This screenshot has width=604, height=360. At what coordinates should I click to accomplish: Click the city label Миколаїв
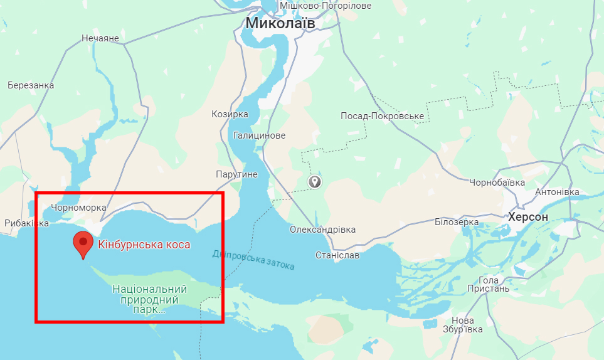(x=280, y=23)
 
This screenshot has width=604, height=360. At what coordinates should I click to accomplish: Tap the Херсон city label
(x=528, y=217)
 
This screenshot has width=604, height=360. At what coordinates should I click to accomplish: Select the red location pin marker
(x=83, y=243)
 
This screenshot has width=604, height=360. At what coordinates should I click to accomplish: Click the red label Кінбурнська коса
(x=144, y=245)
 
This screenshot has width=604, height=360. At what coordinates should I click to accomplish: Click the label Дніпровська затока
(x=253, y=260)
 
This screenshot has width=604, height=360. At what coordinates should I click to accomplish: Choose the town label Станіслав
(x=337, y=255)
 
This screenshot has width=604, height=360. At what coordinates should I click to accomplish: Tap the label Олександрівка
(x=322, y=230)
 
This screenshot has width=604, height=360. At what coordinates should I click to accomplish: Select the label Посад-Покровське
(x=382, y=117)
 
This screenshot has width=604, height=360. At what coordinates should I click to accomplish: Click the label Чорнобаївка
(x=497, y=183)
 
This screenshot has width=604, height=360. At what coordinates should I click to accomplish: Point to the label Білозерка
(x=457, y=222)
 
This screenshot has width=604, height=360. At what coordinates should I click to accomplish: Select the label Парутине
(x=236, y=174)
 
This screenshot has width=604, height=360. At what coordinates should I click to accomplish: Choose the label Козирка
(x=230, y=115)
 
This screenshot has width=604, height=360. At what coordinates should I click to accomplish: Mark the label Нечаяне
(x=100, y=39)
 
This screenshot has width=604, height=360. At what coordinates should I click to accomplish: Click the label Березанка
(x=31, y=85)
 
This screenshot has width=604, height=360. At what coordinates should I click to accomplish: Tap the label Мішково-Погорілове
(x=326, y=6)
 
